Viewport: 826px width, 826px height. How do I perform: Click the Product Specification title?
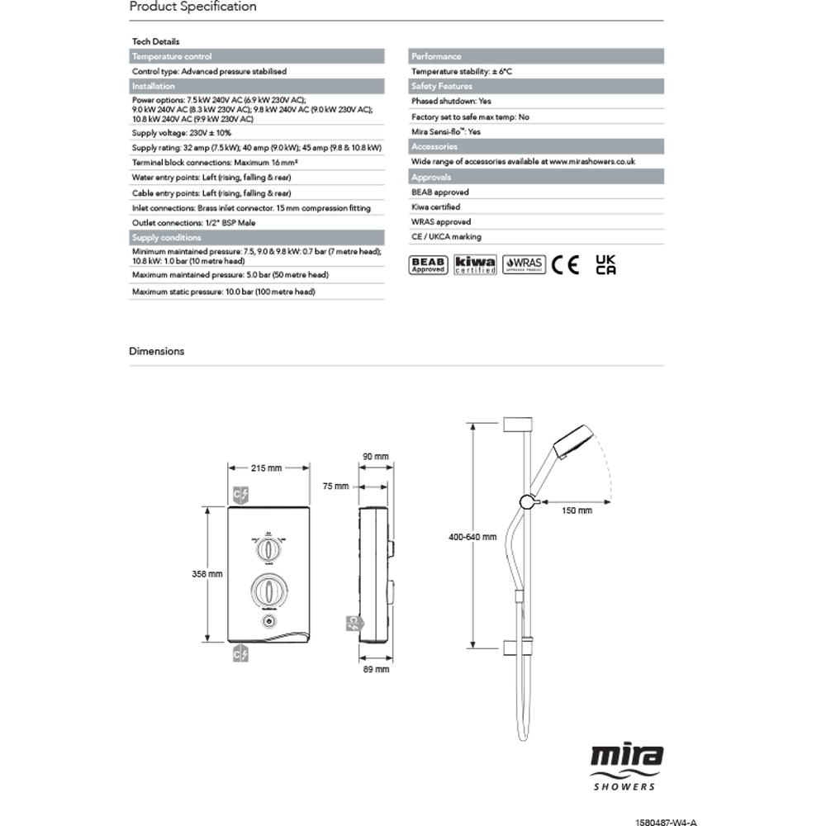[193, 7]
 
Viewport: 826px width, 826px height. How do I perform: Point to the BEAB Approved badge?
[429, 264]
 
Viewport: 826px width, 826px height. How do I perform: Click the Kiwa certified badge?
[475, 264]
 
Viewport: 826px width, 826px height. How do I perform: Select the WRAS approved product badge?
[524, 264]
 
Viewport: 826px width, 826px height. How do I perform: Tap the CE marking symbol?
[566, 264]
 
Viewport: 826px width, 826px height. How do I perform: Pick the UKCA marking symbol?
[605, 264]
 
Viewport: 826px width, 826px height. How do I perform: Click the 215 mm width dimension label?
[266, 468]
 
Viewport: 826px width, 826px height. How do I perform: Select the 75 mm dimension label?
[336, 487]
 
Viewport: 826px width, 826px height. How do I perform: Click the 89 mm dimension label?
[376, 669]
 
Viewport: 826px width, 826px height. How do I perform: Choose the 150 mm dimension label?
[576, 511]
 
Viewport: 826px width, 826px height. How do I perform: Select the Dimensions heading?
[157, 351]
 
